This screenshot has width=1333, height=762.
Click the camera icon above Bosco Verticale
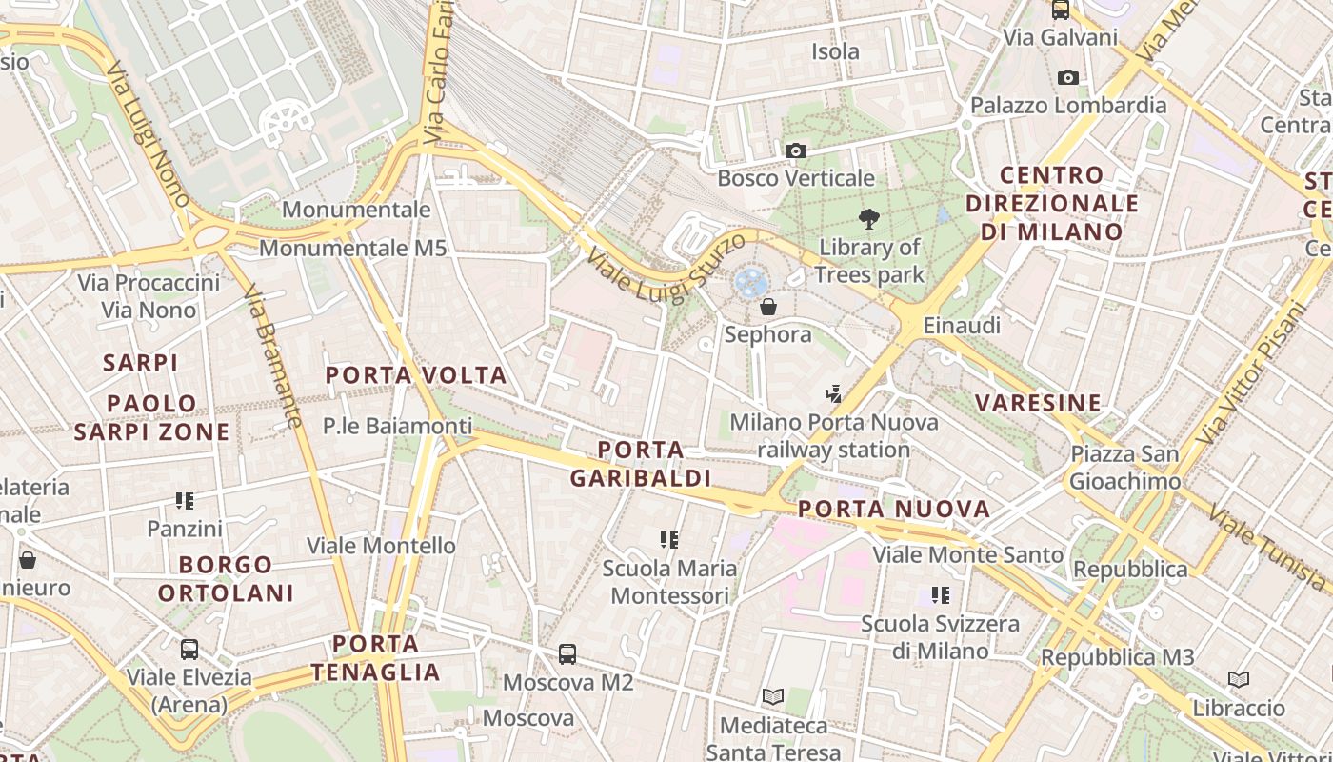(796, 150)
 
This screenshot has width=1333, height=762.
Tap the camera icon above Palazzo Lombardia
(1068, 77)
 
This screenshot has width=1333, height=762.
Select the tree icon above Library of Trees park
(868, 219)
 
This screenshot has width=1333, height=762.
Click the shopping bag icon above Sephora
(768, 307)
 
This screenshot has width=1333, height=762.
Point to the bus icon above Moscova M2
(567, 654)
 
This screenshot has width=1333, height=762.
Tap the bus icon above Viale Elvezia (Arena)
(189, 650)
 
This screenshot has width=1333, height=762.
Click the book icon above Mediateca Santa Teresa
(773, 697)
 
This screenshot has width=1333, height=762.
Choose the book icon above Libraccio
(1238, 680)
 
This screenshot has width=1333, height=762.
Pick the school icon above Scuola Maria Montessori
(669, 540)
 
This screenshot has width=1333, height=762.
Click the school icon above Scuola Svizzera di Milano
(941, 595)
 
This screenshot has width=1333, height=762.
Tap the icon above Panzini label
(185, 500)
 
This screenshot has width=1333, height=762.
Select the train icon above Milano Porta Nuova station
(834, 393)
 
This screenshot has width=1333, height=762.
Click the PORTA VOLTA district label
(416, 375)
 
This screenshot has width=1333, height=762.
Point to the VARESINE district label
(1038, 403)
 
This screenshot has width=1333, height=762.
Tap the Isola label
(835, 51)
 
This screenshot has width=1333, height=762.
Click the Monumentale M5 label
(352, 249)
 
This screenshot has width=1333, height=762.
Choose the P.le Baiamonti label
(397, 426)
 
